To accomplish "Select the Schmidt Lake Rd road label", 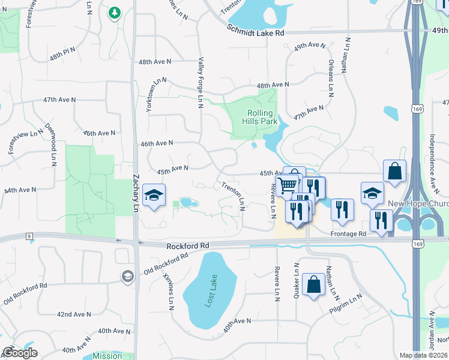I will (x=255, y=30).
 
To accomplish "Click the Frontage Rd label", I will (x=348, y=233).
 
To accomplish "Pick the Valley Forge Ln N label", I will (x=200, y=82).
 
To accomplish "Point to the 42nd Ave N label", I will (x=74, y=314).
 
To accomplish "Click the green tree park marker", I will (x=115, y=12).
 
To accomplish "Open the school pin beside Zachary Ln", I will (x=154, y=196).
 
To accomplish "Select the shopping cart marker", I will (x=288, y=185).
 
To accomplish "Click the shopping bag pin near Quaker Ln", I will (x=313, y=284).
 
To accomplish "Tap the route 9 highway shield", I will (x=29, y=236).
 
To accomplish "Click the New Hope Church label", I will (x=418, y=203).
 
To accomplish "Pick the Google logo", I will (x=20, y=353).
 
